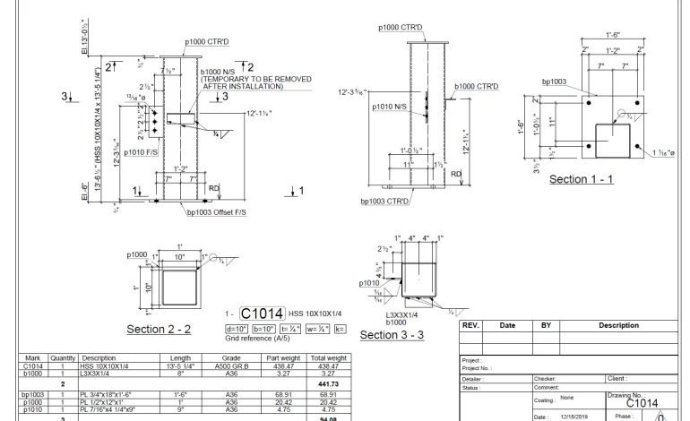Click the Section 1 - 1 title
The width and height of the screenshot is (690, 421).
pyautogui.click(x=581, y=179)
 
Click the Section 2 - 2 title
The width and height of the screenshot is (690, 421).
pyautogui.click(x=159, y=330)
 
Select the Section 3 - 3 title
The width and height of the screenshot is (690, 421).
pyautogui.click(x=391, y=335)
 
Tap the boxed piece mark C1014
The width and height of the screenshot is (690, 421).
pyautogui.click(x=263, y=313)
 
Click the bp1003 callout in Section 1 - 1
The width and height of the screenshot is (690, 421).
pyautogui.click(x=554, y=82)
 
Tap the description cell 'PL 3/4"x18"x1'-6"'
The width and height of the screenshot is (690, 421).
pyautogui.click(x=109, y=393)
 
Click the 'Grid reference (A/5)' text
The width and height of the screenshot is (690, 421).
pyautogui.click(x=257, y=339)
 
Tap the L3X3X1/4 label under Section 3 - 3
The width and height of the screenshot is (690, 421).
pyautogui.click(x=403, y=314)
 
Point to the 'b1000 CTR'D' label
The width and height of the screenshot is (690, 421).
pyautogui.click(x=476, y=86)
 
